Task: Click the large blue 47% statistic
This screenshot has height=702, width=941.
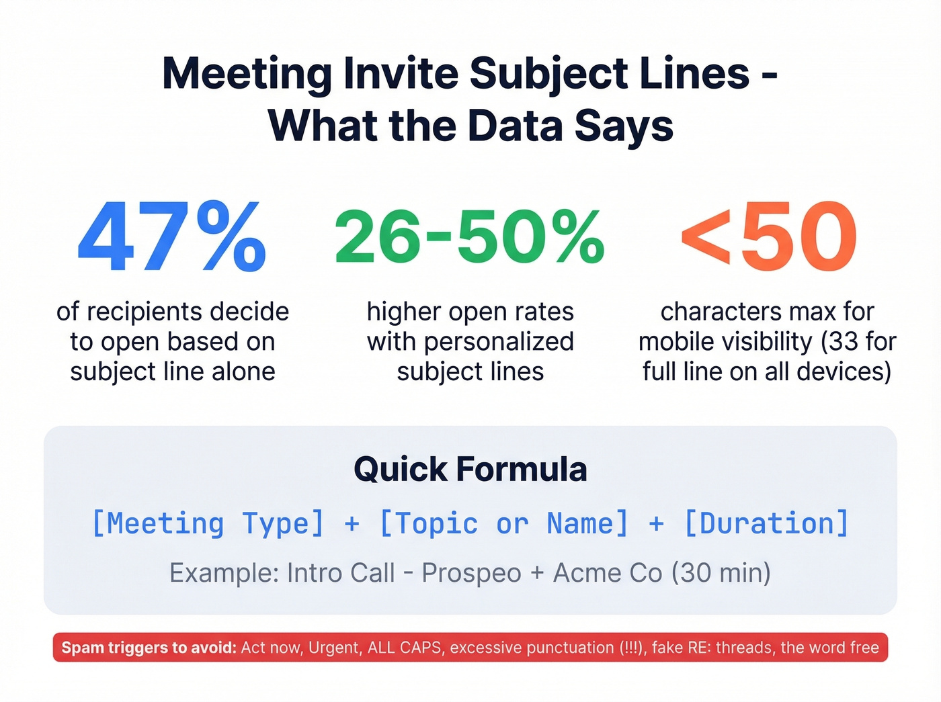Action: click(x=172, y=237)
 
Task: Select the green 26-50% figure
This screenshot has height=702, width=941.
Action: click(x=470, y=237)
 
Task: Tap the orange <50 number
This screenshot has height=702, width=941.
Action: click(x=768, y=237)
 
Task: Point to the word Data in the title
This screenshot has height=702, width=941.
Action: click(x=516, y=126)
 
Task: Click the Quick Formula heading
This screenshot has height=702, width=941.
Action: click(x=470, y=469)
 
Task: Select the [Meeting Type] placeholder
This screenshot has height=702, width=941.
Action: click(x=208, y=523)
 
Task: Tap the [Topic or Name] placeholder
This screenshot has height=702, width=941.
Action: click(x=504, y=523)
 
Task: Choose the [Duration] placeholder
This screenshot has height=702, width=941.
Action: click(x=766, y=523)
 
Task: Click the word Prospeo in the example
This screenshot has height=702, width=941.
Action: click(x=471, y=573)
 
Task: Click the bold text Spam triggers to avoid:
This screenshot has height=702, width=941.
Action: click(x=149, y=648)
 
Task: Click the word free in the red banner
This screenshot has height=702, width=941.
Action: click(x=864, y=648)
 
